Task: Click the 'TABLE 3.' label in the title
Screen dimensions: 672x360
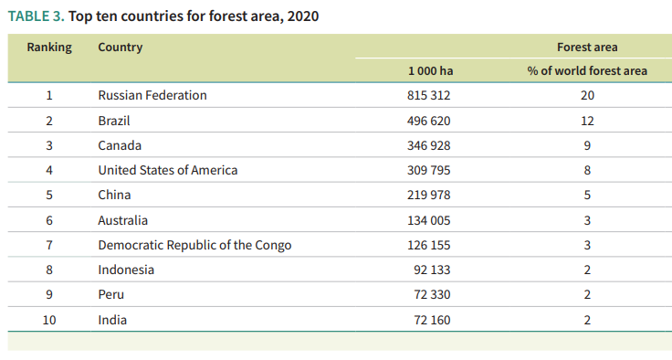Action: pos(36,16)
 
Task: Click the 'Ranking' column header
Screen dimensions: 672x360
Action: pos(49,48)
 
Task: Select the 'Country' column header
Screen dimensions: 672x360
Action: pos(120,48)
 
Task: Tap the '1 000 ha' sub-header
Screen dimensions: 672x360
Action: pos(430,70)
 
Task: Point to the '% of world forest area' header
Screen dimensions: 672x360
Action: pos(587,70)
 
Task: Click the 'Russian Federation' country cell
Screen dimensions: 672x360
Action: pos(152,95)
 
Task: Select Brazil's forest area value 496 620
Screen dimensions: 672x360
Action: pos(428,121)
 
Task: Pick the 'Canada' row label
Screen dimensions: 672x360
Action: pos(120,145)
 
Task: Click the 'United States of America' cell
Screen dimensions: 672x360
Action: pos(168,170)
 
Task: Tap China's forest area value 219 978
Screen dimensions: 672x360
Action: pos(428,196)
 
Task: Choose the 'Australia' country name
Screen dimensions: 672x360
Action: pos(122,220)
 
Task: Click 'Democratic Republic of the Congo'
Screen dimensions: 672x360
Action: pos(194,245)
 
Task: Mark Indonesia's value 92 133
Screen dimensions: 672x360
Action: pos(432,270)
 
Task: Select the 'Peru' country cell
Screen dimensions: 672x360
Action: pos(111,295)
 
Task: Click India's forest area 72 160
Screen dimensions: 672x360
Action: pos(432,320)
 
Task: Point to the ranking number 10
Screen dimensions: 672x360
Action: pos(49,320)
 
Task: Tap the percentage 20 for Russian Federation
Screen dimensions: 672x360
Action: pos(587,95)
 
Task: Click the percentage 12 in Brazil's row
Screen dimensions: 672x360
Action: pos(587,121)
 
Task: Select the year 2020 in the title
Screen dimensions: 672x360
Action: pos(303,16)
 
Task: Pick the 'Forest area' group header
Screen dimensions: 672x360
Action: pos(587,48)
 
